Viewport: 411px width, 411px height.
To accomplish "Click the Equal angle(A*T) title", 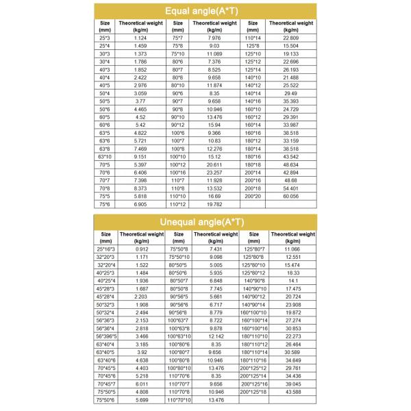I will click(206, 11).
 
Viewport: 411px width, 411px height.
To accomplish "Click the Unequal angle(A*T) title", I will click(206, 221).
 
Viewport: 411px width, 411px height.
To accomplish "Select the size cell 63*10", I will click(105, 155).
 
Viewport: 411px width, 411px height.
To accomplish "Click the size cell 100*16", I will click(177, 175).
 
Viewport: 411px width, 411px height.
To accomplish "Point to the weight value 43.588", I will click(291, 391).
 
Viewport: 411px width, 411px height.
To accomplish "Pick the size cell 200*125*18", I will click(253, 391).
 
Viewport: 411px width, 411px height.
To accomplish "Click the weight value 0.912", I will click(142, 249).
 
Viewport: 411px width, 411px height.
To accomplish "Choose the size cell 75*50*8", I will click(179, 249).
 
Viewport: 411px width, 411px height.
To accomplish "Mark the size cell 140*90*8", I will click(253, 281).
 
